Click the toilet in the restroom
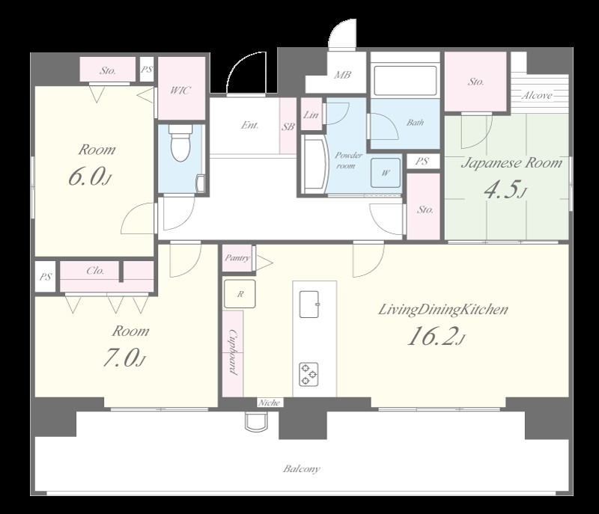pyautogui.click(x=180, y=144)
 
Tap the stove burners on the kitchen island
pyautogui.click(x=308, y=374)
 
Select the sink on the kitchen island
pyautogui.click(x=309, y=304)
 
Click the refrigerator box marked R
pyautogui.click(x=240, y=293)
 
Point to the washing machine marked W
pyautogui.click(x=386, y=173)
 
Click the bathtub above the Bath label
pyautogui.click(x=405, y=81)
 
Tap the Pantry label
pyautogui.click(x=237, y=258)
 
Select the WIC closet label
pyautogui.click(x=180, y=91)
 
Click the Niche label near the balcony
pyautogui.click(x=269, y=403)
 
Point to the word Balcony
pyautogui.click(x=302, y=468)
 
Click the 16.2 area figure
pyautogui.click(x=432, y=337)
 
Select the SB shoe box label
pyautogui.click(x=288, y=126)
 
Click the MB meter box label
pyautogui.click(x=342, y=75)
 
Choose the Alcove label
pyautogui.click(x=537, y=95)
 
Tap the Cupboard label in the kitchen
pyautogui.click(x=232, y=352)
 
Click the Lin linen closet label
pyautogui.click(x=311, y=114)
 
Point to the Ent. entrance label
pyautogui.click(x=250, y=125)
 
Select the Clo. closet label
pyautogui.click(x=95, y=271)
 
